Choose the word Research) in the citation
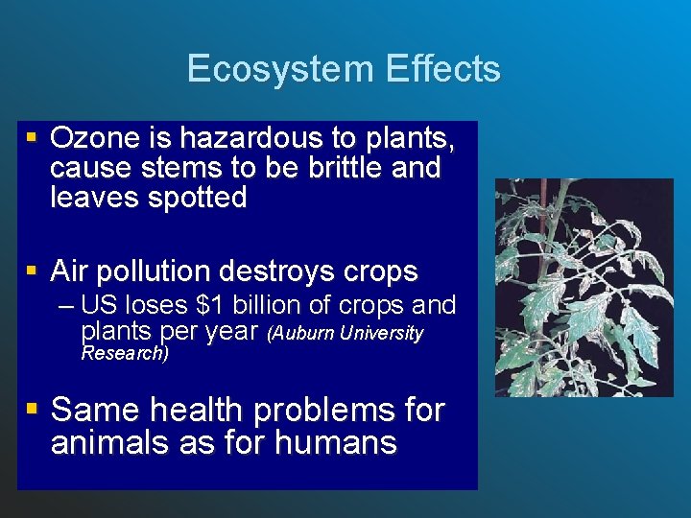coord(125,353)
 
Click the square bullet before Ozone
coord(33,138)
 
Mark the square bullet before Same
coord(33,409)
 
